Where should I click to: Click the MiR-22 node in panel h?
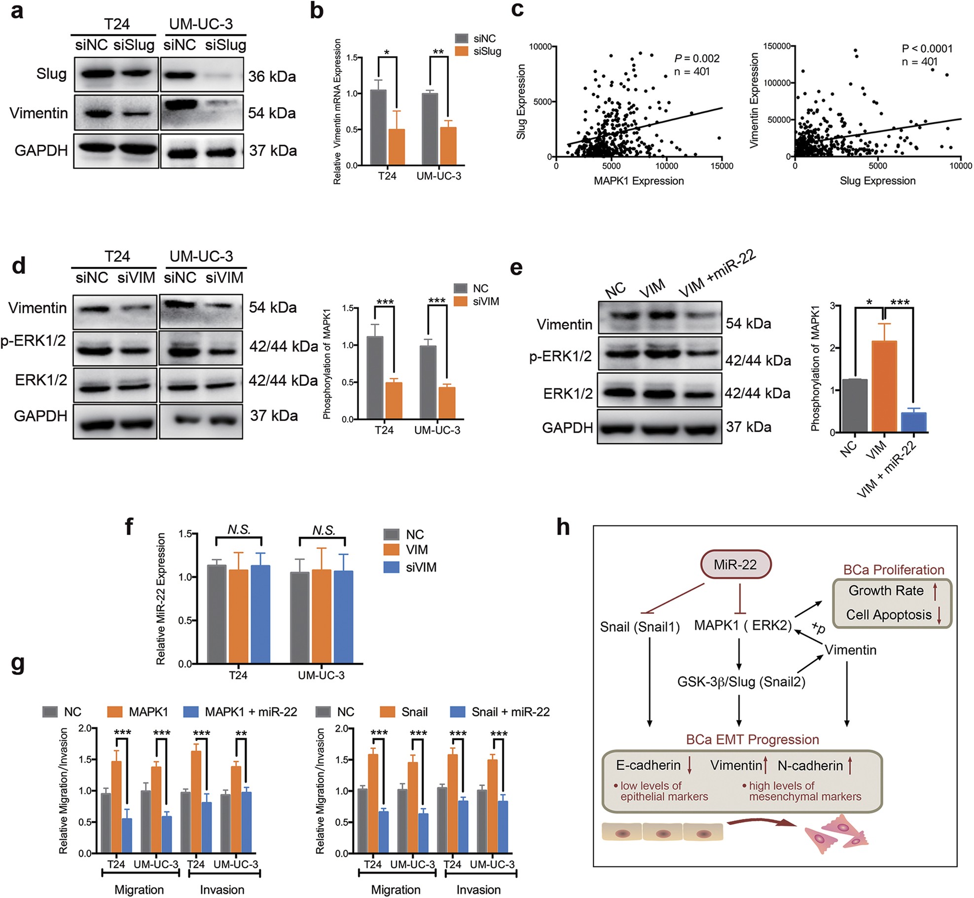click(x=735, y=564)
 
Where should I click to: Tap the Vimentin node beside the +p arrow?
click(x=851, y=650)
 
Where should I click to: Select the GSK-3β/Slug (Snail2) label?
click(x=741, y=682)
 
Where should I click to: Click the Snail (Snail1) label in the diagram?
click(x=640, y=627)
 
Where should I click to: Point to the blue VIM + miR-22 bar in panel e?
click(x=914, y=422)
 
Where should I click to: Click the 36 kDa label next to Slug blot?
click(x=272, y=76)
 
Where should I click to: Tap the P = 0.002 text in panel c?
click(x=697, y=58)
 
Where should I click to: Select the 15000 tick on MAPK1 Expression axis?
click(x=721, y=166)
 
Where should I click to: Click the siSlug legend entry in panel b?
click(x=487, y=51)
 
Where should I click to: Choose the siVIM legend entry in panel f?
click(x=421, y=567)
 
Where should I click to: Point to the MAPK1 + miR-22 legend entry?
click(x=251, y=712)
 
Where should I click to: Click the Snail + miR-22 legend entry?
click(x=510, y=712)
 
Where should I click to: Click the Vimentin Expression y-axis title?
click(x=754, y=100)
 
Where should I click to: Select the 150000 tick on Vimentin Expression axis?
click(x=777, y=46)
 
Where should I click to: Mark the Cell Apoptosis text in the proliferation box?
click(x=889, y=615)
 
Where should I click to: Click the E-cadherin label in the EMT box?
click(x=648, y=765)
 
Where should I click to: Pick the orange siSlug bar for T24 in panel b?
click(x=397, y=147)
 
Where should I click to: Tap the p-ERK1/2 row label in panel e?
click(x=560, y=356)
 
